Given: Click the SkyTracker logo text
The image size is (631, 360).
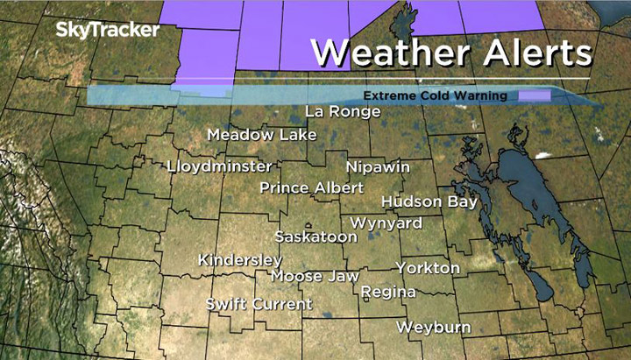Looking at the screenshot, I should tap(107, 30).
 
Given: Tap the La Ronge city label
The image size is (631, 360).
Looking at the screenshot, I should tap(343, 111).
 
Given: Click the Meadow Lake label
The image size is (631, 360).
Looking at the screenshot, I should tap(249, 135).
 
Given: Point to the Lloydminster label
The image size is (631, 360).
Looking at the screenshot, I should tap(219, 166).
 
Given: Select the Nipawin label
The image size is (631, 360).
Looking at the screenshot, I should tap(378, 166).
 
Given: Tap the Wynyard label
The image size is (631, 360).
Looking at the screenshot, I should tap(386, 223).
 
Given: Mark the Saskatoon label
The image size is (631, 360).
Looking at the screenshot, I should tap(315, 236).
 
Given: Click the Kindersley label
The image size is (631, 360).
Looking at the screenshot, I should tap(240, 260).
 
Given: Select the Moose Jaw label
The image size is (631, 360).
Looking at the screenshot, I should tap(315, 276).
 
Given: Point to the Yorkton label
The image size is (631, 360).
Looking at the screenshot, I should tap(428, 267).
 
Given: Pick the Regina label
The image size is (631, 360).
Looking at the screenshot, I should tap(387, 291).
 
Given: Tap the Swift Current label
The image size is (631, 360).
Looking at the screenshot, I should tap(259, 304).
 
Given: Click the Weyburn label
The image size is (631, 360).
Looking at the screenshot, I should tap(433, 327).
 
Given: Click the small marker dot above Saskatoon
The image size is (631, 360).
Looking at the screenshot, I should tap(308, 224).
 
